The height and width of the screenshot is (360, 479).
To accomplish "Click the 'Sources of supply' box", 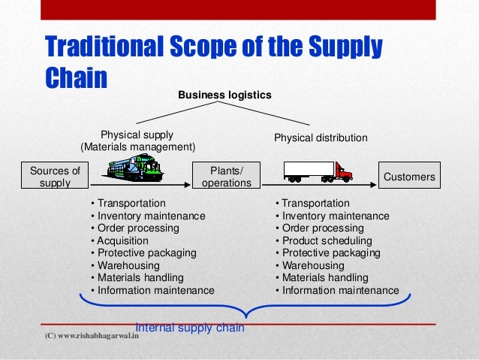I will tap(54, 176).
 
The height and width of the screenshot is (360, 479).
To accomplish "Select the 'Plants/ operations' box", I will tap(227, 176).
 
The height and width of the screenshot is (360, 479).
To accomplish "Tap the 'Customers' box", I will tap(409, 177).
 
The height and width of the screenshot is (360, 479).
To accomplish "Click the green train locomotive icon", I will tap(136, 169).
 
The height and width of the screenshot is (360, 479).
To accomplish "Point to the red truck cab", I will tap(344, 173).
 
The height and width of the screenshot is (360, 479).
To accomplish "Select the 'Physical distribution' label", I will tap(321, 138).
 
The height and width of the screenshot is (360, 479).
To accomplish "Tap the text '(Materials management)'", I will tap(137, 146).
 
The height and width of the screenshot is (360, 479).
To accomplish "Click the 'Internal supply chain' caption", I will tap(191, 328).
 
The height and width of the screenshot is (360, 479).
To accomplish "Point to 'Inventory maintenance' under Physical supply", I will tap(147, 216).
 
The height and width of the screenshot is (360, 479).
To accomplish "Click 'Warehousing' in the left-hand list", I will tap(125, 265).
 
